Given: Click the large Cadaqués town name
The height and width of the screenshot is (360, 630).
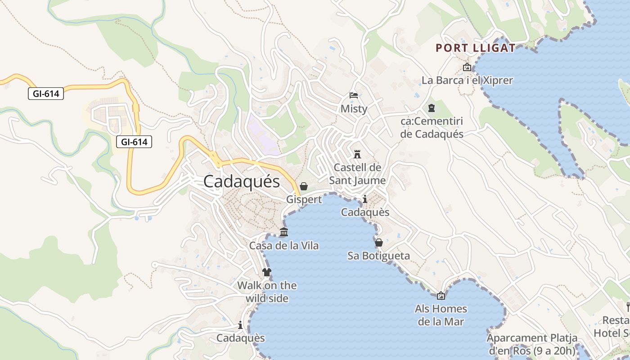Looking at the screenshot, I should (x=241, y=181).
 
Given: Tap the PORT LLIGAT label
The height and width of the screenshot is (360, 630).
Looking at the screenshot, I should (x=476, y=48).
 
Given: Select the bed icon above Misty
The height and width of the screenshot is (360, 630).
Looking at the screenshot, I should (x=354, y=95).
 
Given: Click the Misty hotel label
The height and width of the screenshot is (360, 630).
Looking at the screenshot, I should (x=354, y=109).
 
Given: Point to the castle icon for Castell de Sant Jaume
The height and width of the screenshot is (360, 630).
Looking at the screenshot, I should (x=357, y=154).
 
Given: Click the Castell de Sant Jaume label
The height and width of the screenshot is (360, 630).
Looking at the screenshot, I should (x=357, y=174).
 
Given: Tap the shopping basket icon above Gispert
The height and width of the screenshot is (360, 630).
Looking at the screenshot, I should (x=304, y=186).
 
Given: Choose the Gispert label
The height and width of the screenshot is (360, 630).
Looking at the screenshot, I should (x=304, y=199).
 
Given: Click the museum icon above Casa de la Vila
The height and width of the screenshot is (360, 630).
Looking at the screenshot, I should (x=284, y=232).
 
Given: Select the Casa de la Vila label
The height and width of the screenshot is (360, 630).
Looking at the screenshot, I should (x=284, y=246).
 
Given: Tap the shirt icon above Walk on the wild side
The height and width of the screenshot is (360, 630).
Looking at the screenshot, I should (x=267, y=272).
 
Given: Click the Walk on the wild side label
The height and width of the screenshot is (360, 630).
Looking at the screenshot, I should (x=267, y=292).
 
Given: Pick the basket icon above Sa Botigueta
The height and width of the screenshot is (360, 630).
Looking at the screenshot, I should (x=379, y=243).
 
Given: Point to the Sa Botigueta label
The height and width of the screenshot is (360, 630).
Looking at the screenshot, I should (x=378, y=256).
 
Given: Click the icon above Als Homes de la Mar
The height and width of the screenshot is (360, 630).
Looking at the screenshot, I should (x=441, y=296).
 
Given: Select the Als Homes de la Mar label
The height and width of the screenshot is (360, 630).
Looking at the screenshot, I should (x=441, y=315).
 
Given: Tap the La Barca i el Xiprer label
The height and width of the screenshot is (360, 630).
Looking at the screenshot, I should (x=467, y=81).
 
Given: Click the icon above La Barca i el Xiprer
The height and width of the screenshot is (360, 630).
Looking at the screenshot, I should (x=467, y=67).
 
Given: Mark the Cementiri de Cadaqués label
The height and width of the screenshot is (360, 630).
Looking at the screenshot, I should (x=432, y=127).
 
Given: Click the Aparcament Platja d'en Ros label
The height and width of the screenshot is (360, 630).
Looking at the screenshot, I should (x=532, y=344).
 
